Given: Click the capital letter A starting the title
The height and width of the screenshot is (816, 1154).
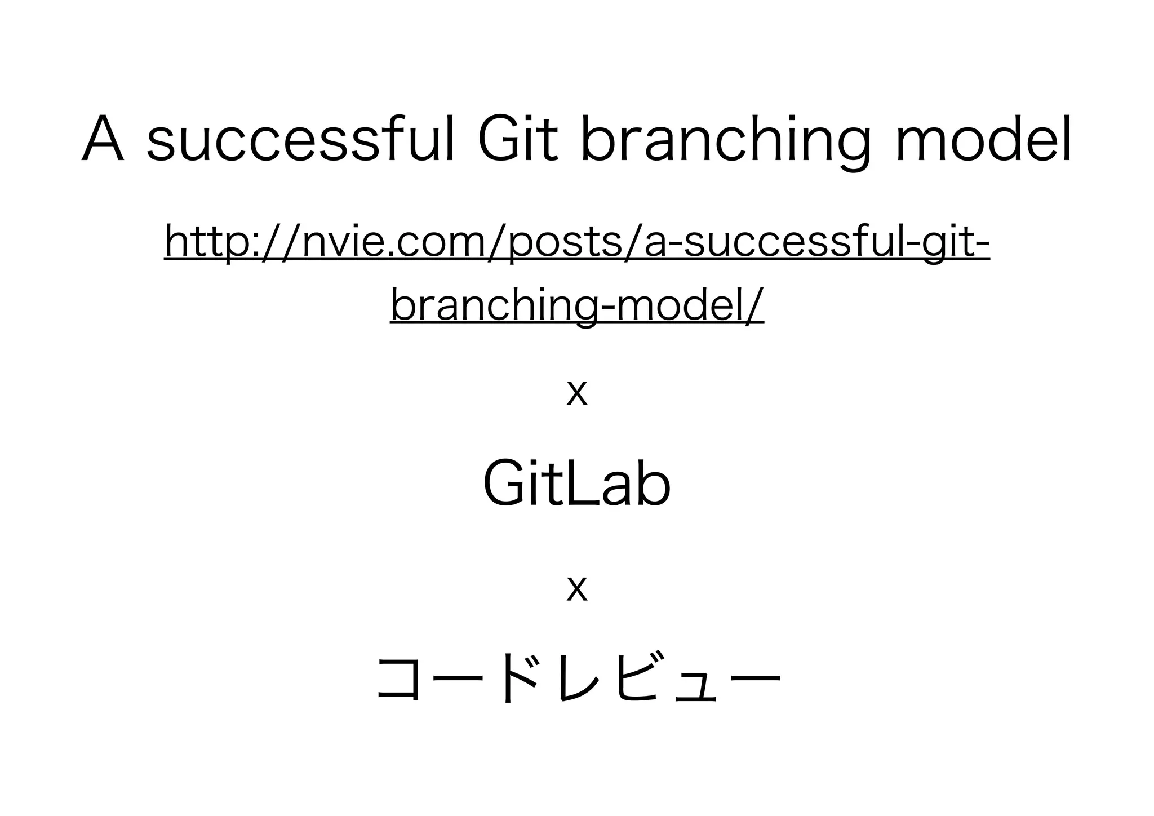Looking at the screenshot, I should tap(103, 139).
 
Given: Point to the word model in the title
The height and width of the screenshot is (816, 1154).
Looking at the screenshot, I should tap(983, 139).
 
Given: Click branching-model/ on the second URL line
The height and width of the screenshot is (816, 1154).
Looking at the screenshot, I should tap(576, 305).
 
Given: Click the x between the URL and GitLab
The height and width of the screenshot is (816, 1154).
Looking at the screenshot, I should tap(577, 393).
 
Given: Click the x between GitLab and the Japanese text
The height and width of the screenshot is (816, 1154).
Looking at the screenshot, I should tap(577, 589).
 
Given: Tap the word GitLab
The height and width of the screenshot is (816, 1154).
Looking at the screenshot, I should tap(577, 484).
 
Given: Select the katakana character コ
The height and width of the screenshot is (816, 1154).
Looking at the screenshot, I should tap(398, 679).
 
